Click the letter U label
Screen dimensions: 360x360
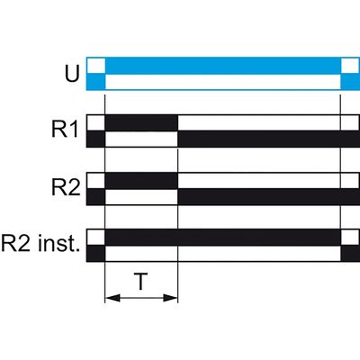coord(72,74)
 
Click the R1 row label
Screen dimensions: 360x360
coord(66,130)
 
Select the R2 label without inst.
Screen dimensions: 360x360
coord(66,188)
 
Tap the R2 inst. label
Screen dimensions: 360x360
coord(40,244)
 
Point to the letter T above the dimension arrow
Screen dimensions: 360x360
coord(140,282)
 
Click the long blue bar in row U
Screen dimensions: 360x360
coord(223,66)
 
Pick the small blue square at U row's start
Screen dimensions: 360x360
coord(96,82)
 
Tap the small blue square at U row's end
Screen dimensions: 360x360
coord(350,82)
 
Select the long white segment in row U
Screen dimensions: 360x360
coord(223,82)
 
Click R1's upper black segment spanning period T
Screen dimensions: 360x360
coord(141,123)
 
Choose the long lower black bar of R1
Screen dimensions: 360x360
coord(269,139)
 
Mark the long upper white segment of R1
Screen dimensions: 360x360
coord(259,123)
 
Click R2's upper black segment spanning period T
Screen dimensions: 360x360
coord(141,181)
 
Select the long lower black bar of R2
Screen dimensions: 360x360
coord(269,197)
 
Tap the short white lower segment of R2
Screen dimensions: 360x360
coord(141,197)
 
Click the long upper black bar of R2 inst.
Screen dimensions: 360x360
coord(223,238)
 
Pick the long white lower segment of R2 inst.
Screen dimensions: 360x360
coord(223,254)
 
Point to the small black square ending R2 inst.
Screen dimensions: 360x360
coord(350,254)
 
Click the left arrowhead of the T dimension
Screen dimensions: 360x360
coord(112,298)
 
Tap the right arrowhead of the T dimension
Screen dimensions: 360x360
coord(170,298)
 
